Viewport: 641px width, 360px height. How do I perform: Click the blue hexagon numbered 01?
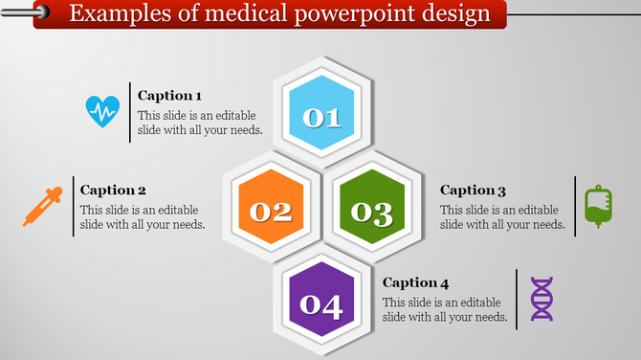point(321,115)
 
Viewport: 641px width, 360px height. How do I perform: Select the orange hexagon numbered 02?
point(271,209)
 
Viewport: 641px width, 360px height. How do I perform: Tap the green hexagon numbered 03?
point(370,209)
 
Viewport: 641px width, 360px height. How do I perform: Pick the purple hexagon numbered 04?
point(321,304)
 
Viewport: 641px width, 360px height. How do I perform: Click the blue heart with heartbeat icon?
point(103,112)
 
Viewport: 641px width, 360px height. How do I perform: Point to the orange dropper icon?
point(44,206)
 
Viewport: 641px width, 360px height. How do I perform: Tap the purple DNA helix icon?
point(542,299)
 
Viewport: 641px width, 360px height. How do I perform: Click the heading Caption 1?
point(169,96)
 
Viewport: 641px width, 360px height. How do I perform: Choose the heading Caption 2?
point(113,190)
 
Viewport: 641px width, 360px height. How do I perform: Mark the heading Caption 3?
point(473,191)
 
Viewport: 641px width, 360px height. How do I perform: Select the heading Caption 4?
point(415,282)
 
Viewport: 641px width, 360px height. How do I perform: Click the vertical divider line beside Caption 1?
point(129,113)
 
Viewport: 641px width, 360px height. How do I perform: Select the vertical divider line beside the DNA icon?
point(517,299)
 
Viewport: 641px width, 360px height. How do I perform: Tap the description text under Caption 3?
point(498,217)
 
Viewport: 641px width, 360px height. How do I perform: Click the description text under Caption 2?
point(142,217)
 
